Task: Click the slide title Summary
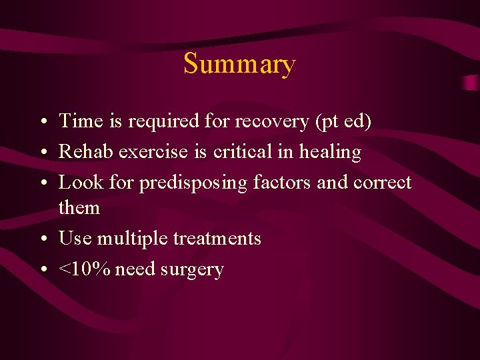pos(239,65)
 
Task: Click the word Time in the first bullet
pos(79,121)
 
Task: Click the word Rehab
pos(86,152)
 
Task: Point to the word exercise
pos(154,152)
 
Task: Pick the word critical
pos(243,152)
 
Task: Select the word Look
pos(79,182)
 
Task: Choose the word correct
pos(383,182)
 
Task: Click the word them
pos(79,208)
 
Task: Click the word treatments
pos(217,239)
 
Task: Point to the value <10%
pos(86,269)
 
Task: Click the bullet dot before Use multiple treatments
pos(43,239)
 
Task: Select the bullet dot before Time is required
pos(43,122)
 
